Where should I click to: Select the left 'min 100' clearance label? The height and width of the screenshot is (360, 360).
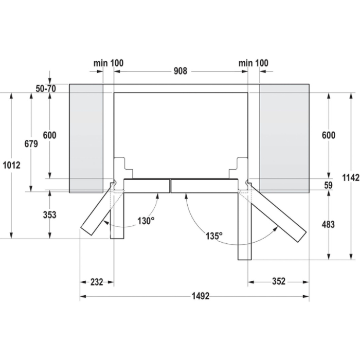(108, 63)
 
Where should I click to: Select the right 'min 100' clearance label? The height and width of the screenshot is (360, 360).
(253, 63)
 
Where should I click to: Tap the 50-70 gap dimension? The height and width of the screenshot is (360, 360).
(46, 88)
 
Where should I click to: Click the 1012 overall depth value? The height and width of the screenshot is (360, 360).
(11, 165)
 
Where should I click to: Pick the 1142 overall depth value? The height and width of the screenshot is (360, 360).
(350, 177)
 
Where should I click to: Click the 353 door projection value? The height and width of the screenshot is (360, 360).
(49, 215)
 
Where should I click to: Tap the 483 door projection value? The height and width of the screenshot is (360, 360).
(328, 224)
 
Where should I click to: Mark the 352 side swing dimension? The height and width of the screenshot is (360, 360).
(278, 281)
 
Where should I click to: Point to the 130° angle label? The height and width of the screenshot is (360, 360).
(146, 221)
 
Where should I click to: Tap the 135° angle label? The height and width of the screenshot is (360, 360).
(213, 236)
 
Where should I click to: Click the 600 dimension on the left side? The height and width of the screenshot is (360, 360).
(49, 135)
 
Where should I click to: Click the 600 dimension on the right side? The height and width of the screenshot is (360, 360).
(328, 135)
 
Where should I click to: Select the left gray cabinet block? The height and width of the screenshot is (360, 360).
(86, 138)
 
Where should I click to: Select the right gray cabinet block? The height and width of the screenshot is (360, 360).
(284, 138)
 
